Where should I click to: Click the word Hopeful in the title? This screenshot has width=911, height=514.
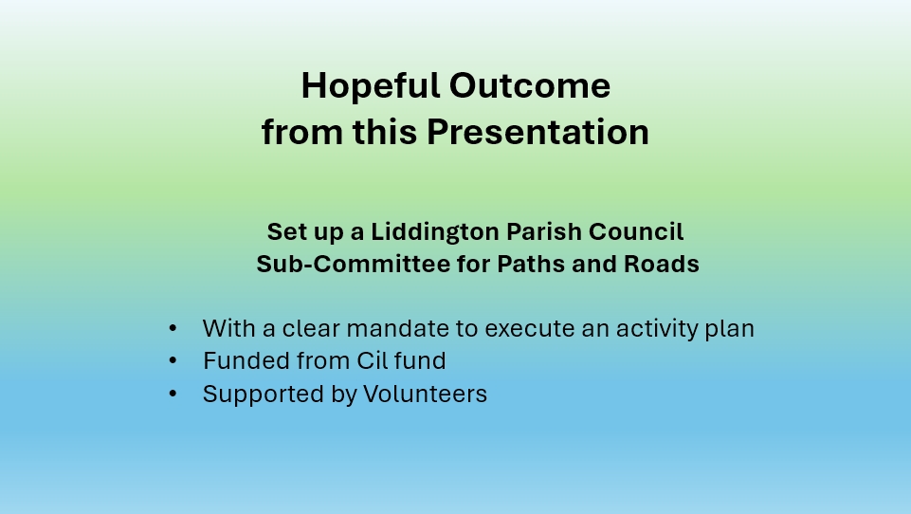pos(371,86)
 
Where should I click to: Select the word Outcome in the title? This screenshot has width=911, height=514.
pos(530,86)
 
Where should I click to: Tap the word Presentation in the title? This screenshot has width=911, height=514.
pos(538,132)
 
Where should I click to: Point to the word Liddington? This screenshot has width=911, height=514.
pos(435,232)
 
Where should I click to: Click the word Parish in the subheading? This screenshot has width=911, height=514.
pos(544,231)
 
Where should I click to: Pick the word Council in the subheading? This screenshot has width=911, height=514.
pos(636,231)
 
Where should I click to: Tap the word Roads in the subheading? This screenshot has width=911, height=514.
pos(661,264)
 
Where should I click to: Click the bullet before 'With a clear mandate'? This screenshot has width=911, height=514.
pos(173,328)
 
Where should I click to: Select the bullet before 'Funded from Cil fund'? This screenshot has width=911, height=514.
pos(173,361)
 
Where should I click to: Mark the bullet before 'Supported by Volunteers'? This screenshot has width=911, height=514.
pos(173,394)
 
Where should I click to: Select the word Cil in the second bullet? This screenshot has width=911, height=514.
pos(372,361)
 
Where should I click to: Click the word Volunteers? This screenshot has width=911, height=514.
pos(426,394)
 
